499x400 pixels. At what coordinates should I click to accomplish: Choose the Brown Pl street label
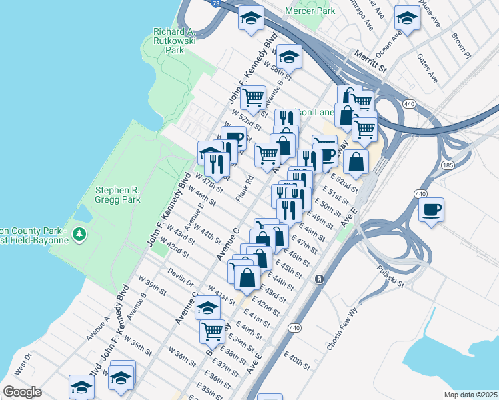pos(461,45)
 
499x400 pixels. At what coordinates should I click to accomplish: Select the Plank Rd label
pos(245,189)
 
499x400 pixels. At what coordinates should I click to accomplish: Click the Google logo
pos(22,392)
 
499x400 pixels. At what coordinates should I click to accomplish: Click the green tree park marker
pos(79,234)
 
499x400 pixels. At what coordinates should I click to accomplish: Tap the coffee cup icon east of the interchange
pos(431,211)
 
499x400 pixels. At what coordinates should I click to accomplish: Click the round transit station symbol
pos(320,278)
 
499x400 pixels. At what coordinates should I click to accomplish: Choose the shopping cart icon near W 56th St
pos(253,97)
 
